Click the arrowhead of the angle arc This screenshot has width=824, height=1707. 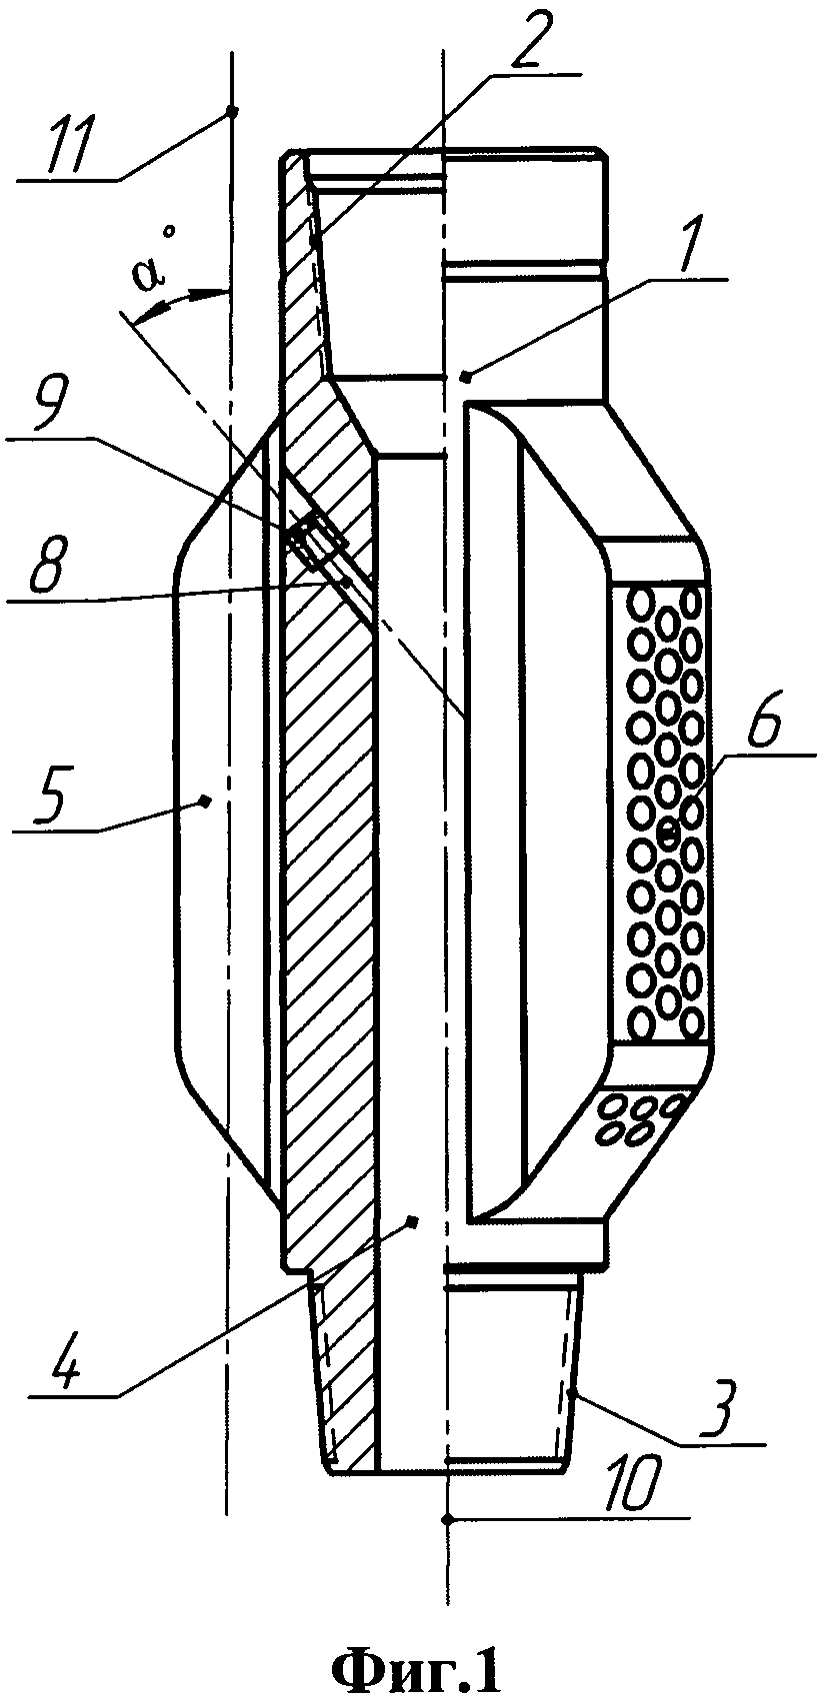pos(221,292)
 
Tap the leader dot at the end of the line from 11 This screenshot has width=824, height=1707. pos(231,111)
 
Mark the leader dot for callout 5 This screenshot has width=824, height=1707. pos(204,800)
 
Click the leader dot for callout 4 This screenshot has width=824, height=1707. pos(412,1220)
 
